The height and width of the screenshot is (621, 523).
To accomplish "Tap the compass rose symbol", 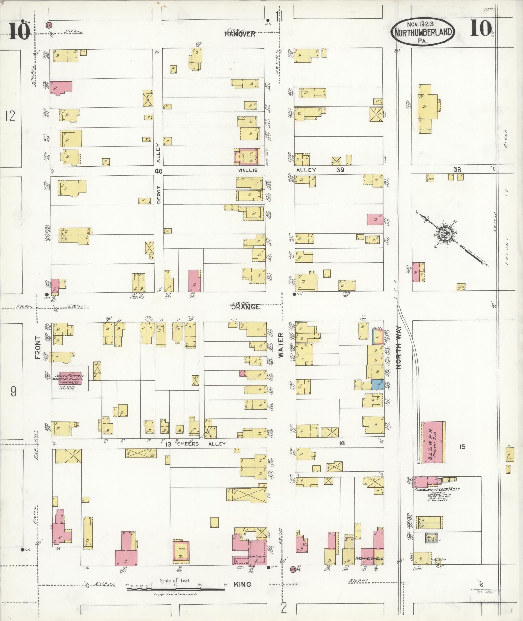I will click(444, 234).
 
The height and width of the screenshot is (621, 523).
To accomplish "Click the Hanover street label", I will click(240, 34).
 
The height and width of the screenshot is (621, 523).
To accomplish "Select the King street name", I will click(242, 584).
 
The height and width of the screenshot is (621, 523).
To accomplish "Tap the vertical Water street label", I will click(281, 345).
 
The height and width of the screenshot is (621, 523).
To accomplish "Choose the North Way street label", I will click(398, 347).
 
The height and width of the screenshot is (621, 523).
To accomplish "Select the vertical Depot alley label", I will click(159, 195).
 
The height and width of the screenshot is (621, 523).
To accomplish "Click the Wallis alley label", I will click(249, 170).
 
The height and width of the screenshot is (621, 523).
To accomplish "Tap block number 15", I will click(462, 447).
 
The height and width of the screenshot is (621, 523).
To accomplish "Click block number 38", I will click(457, 169).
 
